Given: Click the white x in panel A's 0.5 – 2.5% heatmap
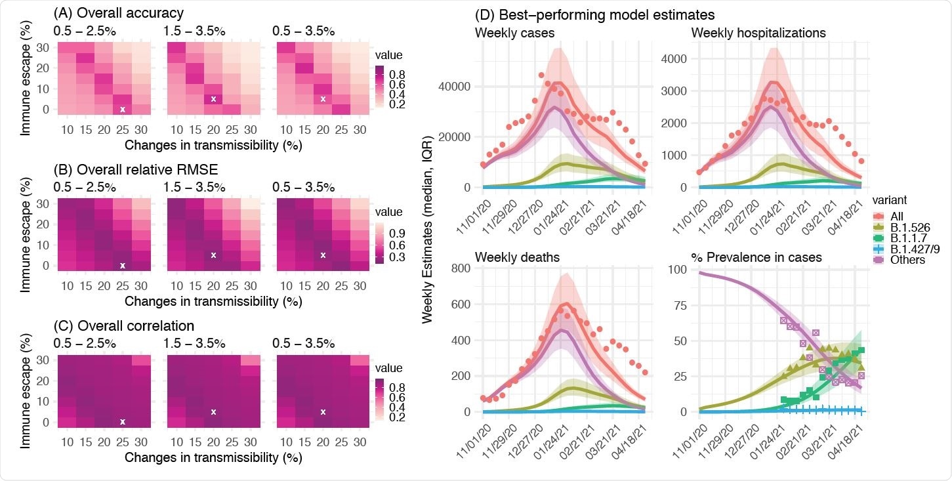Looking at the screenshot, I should click(123, 110).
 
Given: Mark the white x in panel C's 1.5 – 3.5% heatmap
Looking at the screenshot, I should click(213, 412).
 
